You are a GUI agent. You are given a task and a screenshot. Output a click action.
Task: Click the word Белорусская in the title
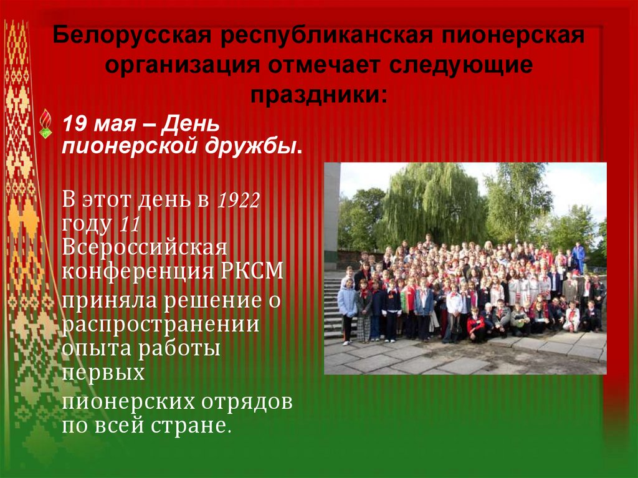128,36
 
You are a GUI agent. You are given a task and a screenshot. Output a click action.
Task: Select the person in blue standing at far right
578,256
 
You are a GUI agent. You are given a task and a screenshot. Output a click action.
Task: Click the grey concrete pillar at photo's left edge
331,212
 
